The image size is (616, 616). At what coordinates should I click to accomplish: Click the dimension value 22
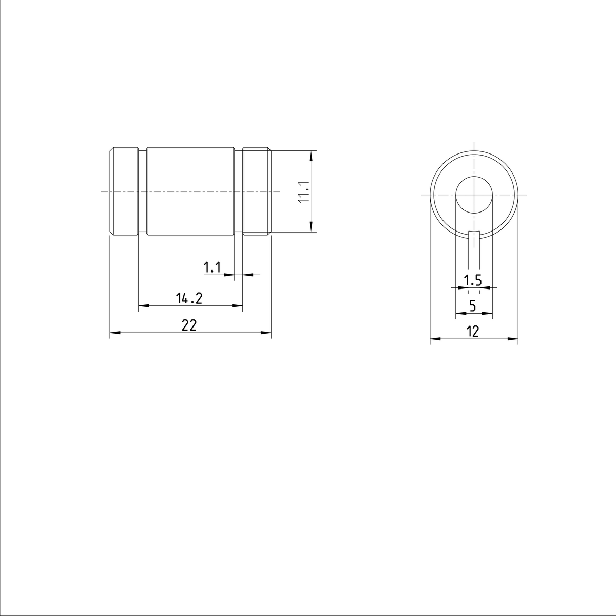pos(189,325)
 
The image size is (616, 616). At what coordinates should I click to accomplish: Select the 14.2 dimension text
pos(189,298)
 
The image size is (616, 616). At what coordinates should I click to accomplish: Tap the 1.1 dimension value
pos(212,267)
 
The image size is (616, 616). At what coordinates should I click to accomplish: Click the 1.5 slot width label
pos(472,280)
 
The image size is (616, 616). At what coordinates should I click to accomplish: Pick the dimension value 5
pos(473,306)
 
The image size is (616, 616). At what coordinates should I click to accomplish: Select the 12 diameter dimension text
pos(473,332)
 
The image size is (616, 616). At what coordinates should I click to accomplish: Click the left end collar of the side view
pos(124,191)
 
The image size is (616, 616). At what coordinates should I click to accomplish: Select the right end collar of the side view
pos(257,191)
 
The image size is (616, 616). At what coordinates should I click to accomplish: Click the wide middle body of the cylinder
pos(190,191)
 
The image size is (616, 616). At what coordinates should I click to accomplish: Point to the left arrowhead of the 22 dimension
pos(114,333)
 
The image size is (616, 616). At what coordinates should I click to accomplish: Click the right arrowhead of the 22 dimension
pos(267,333)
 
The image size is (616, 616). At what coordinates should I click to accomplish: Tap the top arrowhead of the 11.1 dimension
pos(312,155)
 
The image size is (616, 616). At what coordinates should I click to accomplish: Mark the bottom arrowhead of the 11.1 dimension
pos(312,228)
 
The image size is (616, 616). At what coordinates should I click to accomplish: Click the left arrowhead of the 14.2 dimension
pos(143,306)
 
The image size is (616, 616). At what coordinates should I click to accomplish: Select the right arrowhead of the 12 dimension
pos(513,339)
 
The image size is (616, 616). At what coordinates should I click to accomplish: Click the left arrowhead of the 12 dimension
pos(434,339)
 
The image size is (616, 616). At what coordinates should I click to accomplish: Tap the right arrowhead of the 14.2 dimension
pos(238,306)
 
